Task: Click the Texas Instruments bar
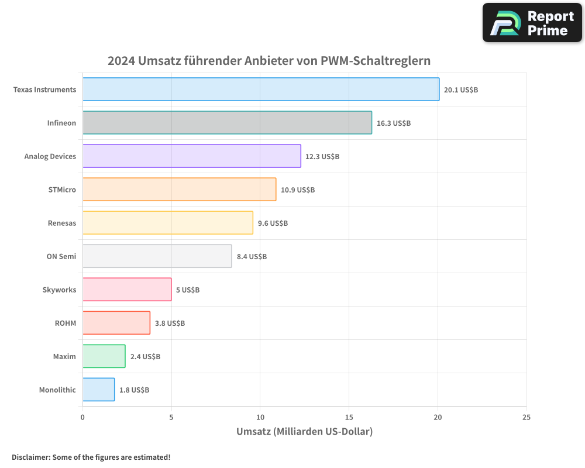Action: click(x=260, y=90)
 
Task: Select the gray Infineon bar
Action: click(x=227, y=123)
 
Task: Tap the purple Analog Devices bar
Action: click(x=191, y=156)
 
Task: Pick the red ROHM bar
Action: click(x=116, y=323)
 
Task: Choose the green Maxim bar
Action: click(x=104, y=356)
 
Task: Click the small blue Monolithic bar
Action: click(x=98, y=390)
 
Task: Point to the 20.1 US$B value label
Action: click(x=461, y=90)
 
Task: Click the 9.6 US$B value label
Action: click(x=273, y=223)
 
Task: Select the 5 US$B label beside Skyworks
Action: click(x=187, y=290)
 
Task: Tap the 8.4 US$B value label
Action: click(x=252, y=257)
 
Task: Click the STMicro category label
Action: click(x=62, y=190)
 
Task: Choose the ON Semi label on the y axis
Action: click(x=61, y=256)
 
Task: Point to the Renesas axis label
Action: click(x=62, y=223)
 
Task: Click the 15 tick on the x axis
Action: click(x=349, y=417)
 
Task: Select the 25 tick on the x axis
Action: click(x=526, y=417)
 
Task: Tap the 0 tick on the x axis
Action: click(x=82, y=417)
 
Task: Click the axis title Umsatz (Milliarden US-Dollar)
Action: click(x=304, y=432)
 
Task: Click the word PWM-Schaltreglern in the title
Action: click(x=376, y=61)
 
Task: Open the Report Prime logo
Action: click(x=532, y=23)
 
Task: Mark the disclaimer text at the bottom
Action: click(x=91, y=457)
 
